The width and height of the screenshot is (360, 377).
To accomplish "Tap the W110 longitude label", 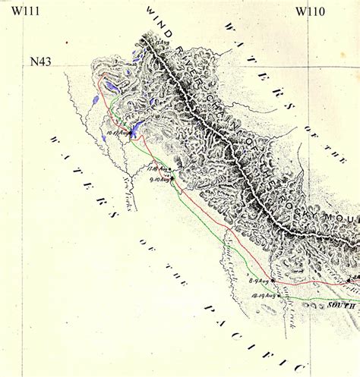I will coord(311,11).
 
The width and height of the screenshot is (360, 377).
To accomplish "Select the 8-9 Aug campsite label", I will coord(260,281).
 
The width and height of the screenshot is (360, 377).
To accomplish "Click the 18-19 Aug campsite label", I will coord(264,294).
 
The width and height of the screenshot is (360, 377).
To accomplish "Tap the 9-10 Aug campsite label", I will coord(159,180).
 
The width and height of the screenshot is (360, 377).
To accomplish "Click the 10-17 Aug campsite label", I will coord(118,133).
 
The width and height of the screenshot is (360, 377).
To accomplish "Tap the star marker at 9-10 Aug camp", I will coord(172,179).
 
